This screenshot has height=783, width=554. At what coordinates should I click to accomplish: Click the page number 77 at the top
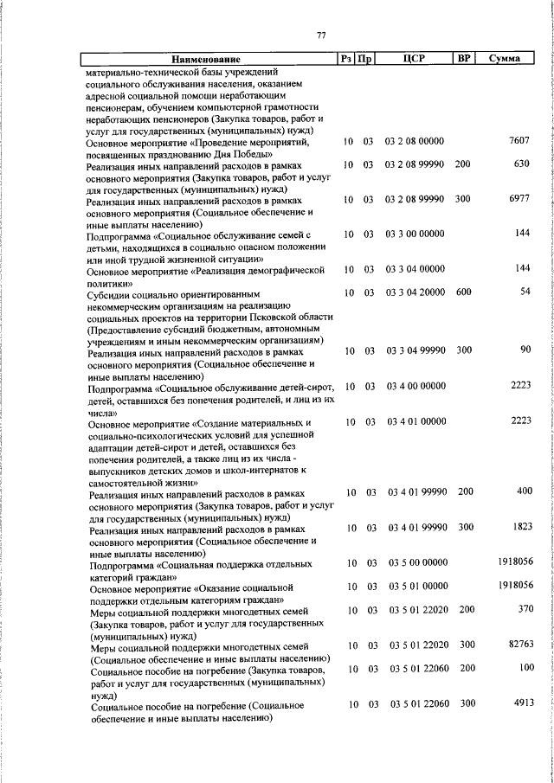(x=321, y=35)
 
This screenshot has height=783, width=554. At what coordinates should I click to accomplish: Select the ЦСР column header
(x=412, y=60)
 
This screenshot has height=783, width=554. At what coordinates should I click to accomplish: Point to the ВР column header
(x=463, y=59)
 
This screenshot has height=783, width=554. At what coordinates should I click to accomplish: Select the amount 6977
(x=519, y=199)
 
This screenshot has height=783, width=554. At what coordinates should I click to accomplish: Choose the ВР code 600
(x=463, y=293)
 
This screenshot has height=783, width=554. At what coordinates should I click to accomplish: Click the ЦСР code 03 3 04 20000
(x=415, y=293)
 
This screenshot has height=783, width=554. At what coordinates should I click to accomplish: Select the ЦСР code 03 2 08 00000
(x=415, y=140)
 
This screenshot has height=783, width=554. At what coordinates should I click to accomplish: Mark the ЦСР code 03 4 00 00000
(x=415, y=386)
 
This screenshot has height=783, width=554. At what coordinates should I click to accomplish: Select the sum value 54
(x=524, y=293)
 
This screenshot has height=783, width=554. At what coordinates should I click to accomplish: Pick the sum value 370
(x=522, y=610)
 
